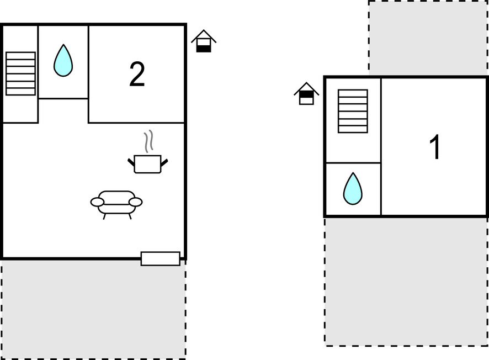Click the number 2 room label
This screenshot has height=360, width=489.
click(137, 75)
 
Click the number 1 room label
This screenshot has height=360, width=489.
click(435, 147)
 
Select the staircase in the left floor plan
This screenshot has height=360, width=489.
click(20, 73)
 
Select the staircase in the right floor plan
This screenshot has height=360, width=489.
click(353, 111)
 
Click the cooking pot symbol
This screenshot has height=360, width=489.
click(148, 164)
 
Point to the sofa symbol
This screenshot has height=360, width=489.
click(116, 202)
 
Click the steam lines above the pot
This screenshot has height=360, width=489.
click(148, 142)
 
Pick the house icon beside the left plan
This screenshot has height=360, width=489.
click(204, 42)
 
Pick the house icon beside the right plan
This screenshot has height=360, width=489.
click(306, 94)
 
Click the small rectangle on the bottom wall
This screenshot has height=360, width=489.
click(160, 258)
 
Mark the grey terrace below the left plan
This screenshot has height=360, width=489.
click(93, 309)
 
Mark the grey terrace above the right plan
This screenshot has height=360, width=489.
click(428, 38)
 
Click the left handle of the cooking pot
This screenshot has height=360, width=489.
click(131, 162)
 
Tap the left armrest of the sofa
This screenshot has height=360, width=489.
click(97, 202)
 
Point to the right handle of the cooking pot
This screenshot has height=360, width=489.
click(164, 162)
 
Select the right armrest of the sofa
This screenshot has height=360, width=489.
click(136, 202)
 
